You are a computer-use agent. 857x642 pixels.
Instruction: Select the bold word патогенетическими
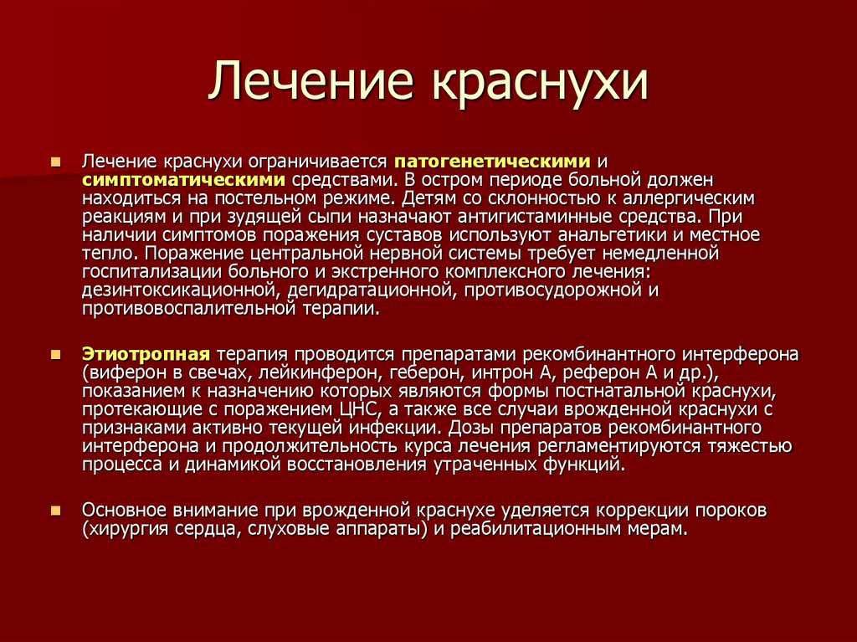(494, 160)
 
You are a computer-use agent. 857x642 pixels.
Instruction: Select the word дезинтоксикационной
(179, 290)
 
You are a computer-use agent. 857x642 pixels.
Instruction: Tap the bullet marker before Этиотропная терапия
(55, 354)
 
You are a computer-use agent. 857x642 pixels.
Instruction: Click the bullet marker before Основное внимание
(55, 510)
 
